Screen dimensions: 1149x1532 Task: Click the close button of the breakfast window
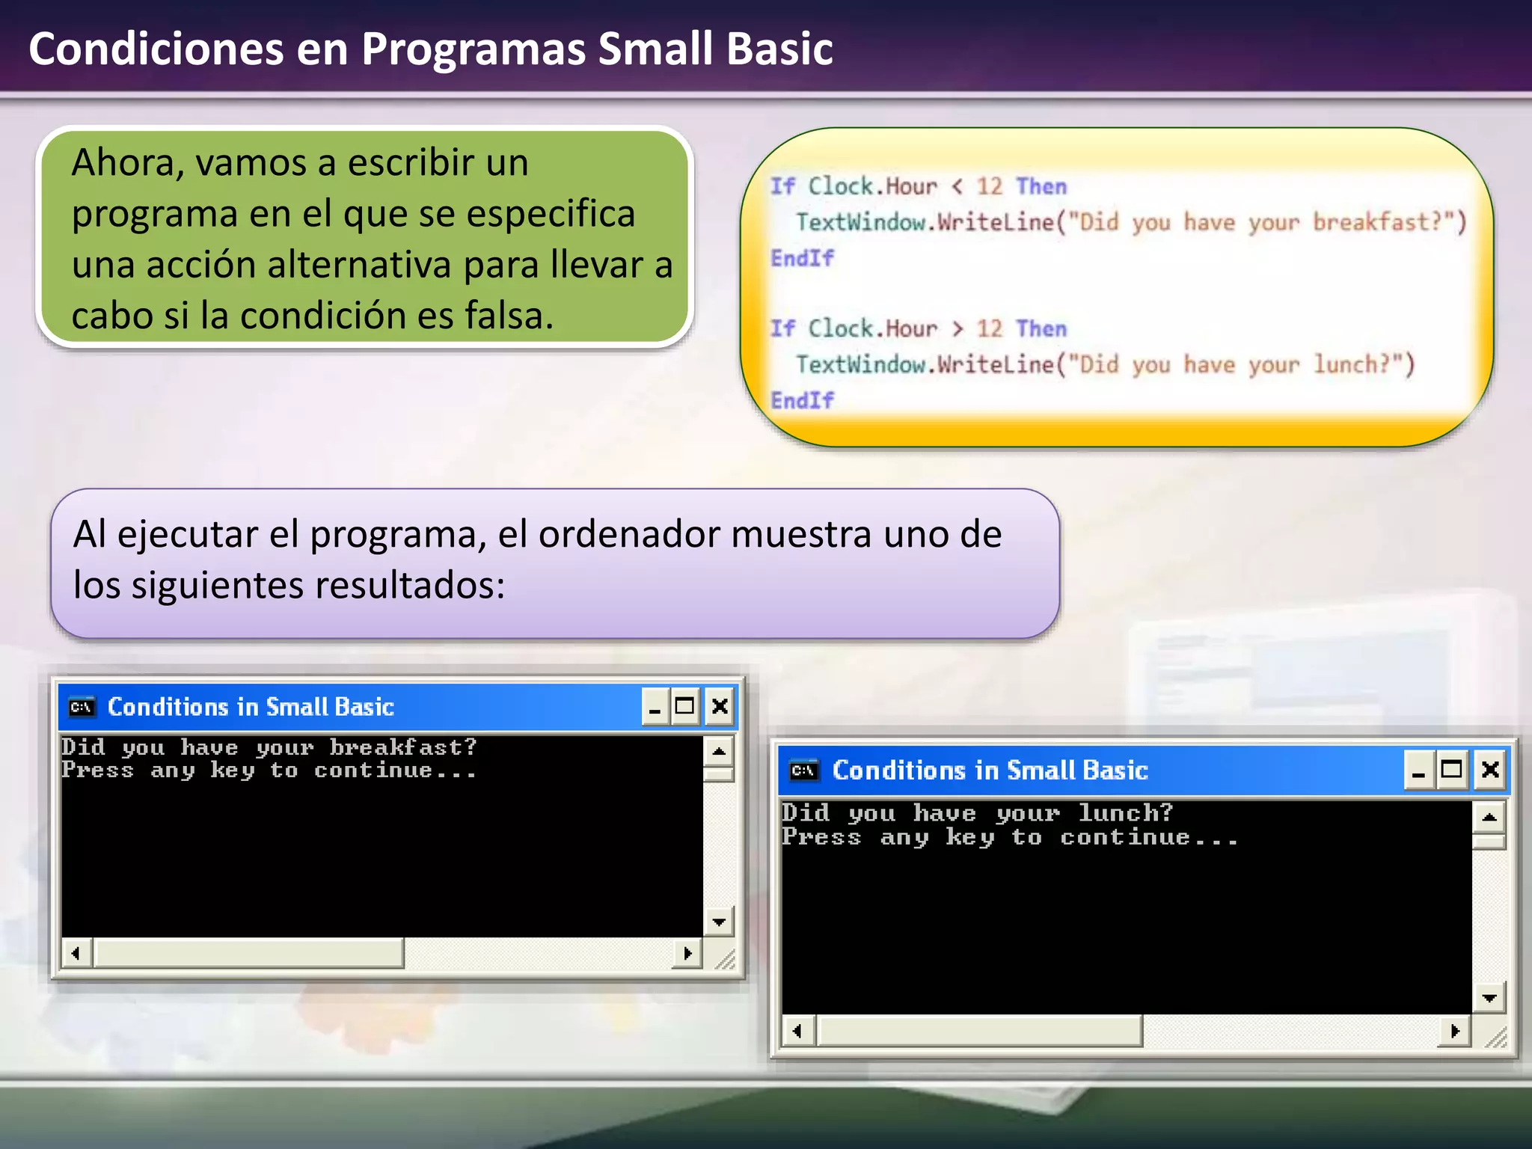click(x=720, y=706)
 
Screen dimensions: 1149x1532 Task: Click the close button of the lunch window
click(x=1490, y=770)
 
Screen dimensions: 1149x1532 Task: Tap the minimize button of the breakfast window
click(x=655, y=706)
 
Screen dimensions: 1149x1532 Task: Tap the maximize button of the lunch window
click(x=1452, y=770)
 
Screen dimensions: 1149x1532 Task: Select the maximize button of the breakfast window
click(x=684, y=706)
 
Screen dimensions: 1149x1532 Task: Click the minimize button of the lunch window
click(x=1418, y=770)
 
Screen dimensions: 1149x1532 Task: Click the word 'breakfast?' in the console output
click(x=402, y=747)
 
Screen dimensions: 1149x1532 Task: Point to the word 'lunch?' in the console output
click(x=1125, y=812)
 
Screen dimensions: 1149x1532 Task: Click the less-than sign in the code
click(x=957, y=186)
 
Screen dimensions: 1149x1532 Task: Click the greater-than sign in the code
click(x=957, y=328)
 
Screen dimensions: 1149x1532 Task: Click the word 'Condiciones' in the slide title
click(x=156, y=49)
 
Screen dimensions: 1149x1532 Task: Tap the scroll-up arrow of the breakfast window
click(x=719, y=750)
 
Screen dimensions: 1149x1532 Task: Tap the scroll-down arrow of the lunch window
click(x=1489, y=998)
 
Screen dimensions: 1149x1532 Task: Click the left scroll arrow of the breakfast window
click(x=76, y=953)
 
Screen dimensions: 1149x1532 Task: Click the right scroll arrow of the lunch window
click(x=1455, y=1032)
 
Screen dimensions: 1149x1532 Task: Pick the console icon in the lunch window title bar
click(x=803, y=770)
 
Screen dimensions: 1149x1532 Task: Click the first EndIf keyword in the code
click(x=802, y=258)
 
